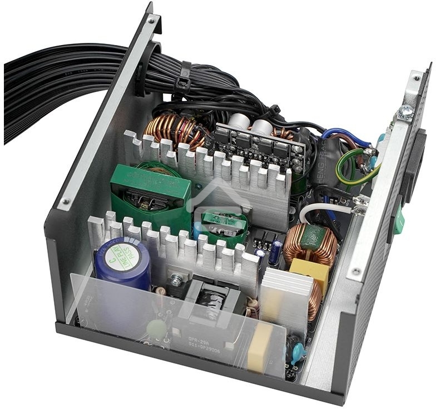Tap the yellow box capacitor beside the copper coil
click(x=310, y=272)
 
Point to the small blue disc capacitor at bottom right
click(x=297, y=351)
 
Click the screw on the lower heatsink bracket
click(x=176, y=281)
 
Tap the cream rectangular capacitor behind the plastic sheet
click(x=260, y=347)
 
